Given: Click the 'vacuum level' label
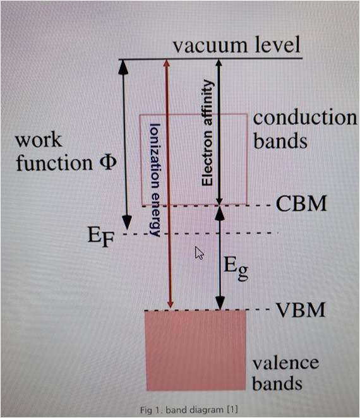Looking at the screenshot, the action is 237,45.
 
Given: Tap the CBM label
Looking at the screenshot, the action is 301,203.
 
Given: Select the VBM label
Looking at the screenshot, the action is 301,309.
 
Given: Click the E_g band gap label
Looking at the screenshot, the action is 236,269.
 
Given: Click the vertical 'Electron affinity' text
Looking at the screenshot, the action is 207,133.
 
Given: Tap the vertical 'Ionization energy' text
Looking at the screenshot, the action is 154,180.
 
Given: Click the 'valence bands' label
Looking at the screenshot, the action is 285,373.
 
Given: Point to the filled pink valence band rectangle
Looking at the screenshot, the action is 195,350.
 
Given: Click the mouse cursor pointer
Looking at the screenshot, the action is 199,253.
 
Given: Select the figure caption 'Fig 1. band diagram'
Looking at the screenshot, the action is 189,409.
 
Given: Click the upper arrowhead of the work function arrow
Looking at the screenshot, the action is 123,67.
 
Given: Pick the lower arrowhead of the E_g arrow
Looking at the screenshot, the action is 220,303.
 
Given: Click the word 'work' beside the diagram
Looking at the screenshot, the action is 39,140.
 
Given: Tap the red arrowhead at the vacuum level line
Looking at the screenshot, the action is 167,63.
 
